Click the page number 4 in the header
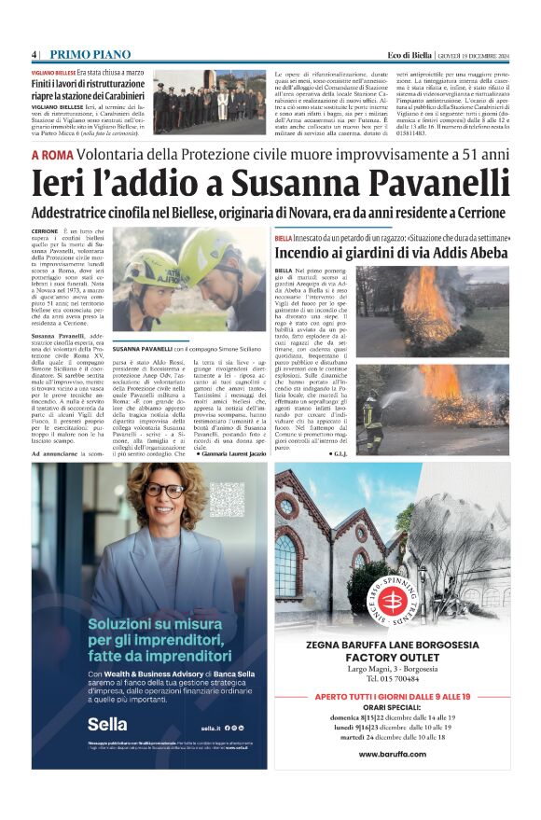point(34,52)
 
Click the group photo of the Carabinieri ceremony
point(221,99)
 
